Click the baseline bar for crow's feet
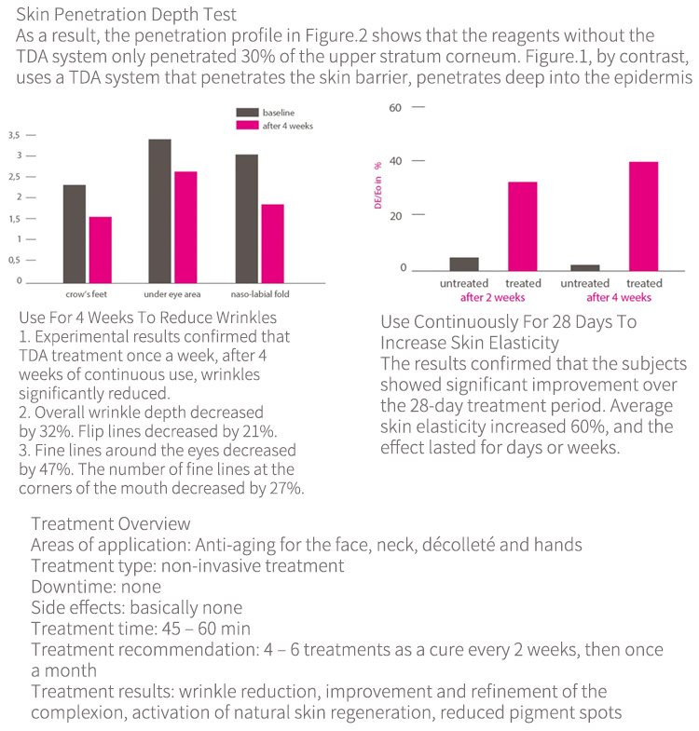(x=75, y=233)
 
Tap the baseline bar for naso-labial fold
(x=246, y=217)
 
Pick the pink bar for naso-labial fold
(x=272, y=242)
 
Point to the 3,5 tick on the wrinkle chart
(x=14, y=135)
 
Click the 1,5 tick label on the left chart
(x=14, y=219)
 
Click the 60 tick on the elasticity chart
(x=394, y=107)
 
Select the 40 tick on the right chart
(x=394, y=161)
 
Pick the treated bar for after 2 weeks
(x=522, y=225)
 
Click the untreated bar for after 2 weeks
(x=464, y=264)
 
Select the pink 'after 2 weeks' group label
(x=493, y=298)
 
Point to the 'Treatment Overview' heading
(x=110, y=523)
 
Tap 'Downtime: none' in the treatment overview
(x=95, y=587)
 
